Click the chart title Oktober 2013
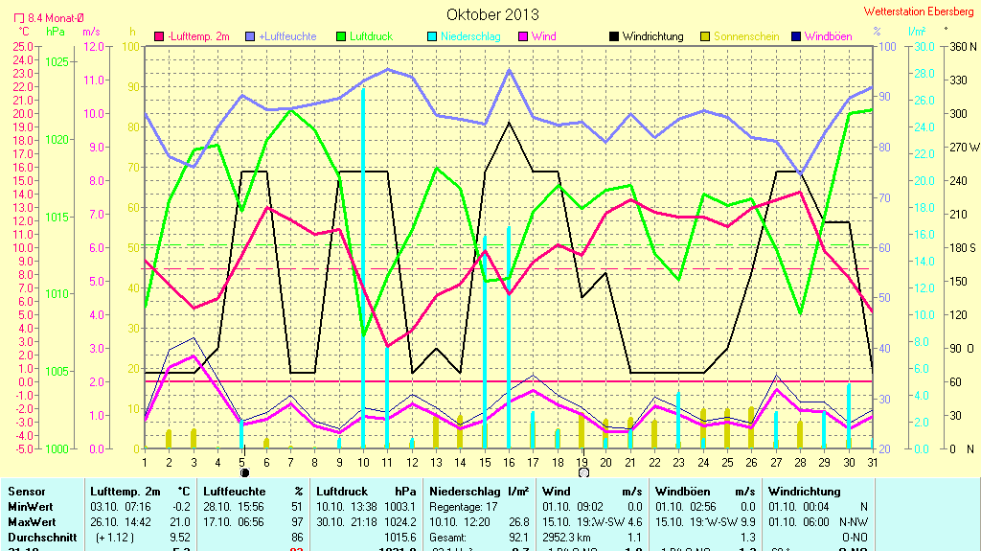[x=492, y=14]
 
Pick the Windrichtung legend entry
[x=647, y=36]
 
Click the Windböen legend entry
[x=821, y=36]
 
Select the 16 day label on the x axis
[x=509, y=463]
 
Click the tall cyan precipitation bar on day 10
[x=363, y=268]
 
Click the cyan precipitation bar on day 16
[x=509, y=335]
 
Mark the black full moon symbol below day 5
[x=244, y=472]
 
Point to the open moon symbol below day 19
[x=582, y=472]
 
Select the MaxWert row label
[x=30, y=522]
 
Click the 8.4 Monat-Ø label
[x=48, y=17]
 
